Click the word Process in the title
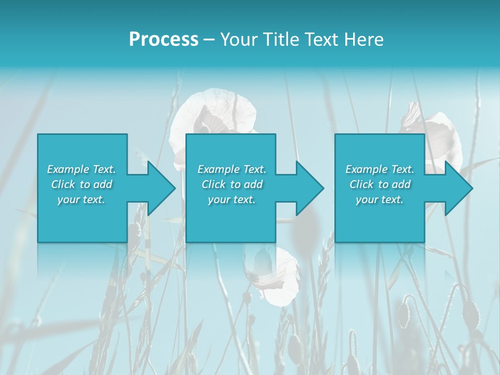point(164,40)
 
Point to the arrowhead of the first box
point(161,188)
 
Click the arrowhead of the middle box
point(309,188)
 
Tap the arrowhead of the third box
point(458,188)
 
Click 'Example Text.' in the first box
point(81,169)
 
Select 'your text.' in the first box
point(81,199)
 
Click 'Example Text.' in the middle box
point(232,169)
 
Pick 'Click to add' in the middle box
point(232,184)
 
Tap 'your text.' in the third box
point(380,199)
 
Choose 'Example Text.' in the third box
point(380,169)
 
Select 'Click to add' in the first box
point(81,184)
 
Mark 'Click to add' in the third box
point(380,184)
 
